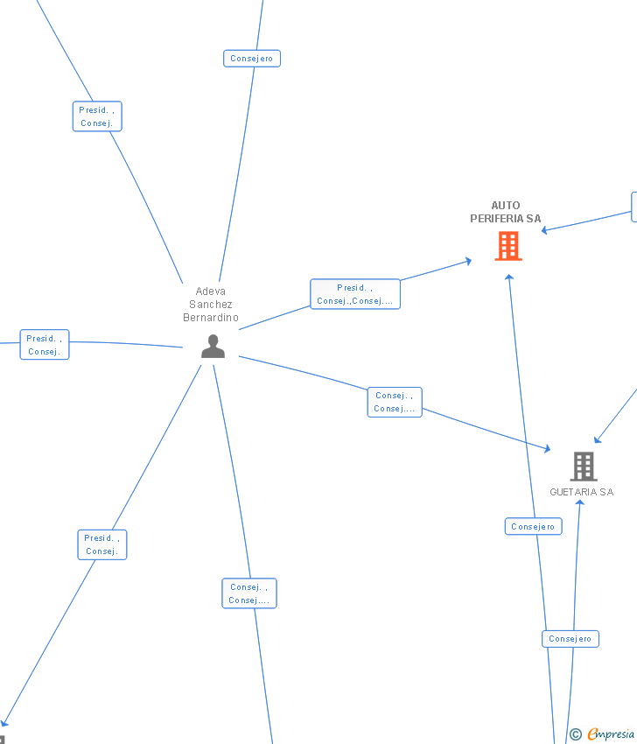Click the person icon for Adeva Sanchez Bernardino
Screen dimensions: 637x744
tap(213, 347)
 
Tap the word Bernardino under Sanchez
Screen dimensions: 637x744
tap(210, 318)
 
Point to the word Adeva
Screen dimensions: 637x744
tap(210, 291)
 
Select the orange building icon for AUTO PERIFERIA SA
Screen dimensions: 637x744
tap(507, 246)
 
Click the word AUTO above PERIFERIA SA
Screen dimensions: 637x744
tap(506, 206)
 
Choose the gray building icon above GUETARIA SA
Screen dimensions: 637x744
tap(583, 466)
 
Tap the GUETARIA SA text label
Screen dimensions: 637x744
tap(581, 492)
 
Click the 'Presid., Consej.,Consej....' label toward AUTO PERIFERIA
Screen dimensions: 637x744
tap(355, 294)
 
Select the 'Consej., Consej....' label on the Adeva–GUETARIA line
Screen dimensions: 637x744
tap(395, 402)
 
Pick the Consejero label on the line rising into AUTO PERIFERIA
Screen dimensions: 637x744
tap(533, 526)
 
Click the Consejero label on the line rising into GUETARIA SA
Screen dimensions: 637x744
tap(570, 639)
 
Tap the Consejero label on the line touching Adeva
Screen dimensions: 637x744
tap(252, 59)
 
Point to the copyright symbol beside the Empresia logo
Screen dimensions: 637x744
tap(576, 734)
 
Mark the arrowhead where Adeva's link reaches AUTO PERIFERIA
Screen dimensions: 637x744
tap(469, 260)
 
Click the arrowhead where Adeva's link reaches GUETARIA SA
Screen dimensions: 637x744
tap(548, 450)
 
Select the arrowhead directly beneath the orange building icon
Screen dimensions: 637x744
tap(508, 277)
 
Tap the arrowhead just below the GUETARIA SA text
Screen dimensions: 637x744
tap(579, 502)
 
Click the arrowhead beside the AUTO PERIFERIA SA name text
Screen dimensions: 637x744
tap(544, 230)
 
